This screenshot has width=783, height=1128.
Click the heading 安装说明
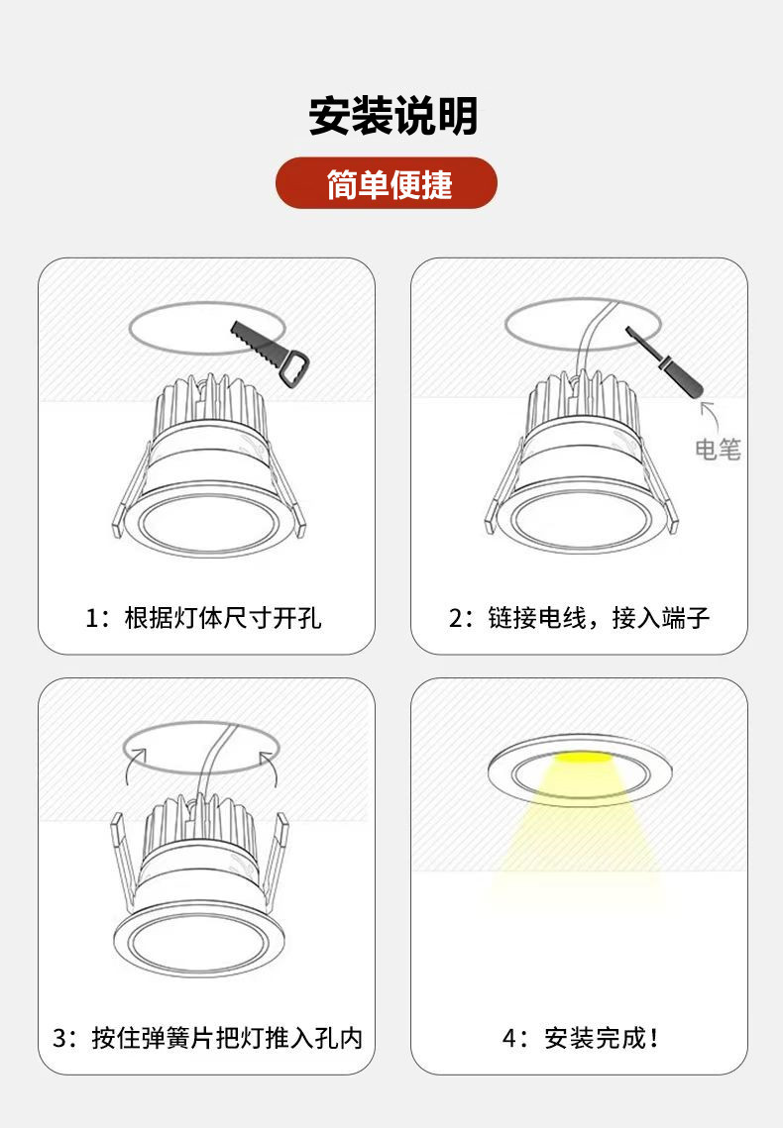[x=392, y=115]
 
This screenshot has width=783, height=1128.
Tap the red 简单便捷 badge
[x=387, y=183]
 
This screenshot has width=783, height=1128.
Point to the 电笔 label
[x=718, y=450]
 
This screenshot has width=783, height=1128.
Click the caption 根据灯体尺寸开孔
[x=222, y=618]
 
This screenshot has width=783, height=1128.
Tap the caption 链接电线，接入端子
[x=599, y=618]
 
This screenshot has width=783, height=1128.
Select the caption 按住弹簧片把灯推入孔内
[x=227, y=1038]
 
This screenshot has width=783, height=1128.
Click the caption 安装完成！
[x=602, y=1038]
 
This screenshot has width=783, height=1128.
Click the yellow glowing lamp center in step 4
[x=580, y=758]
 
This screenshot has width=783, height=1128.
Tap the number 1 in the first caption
[x=91, y=619]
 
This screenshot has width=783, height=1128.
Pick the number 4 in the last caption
[x=508, y=1039]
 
